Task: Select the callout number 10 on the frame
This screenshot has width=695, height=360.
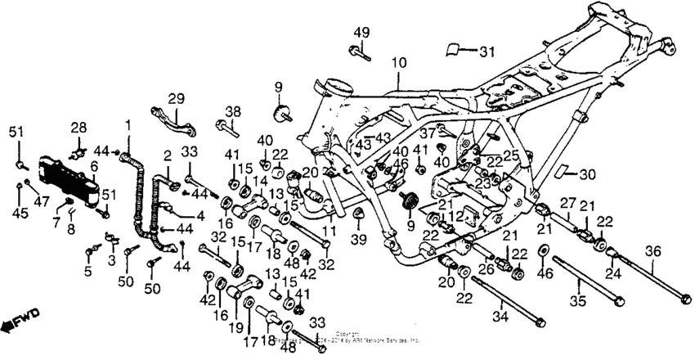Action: click(398, 63)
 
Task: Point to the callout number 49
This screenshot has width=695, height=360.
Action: click(362, 32)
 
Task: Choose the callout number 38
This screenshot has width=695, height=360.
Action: click(233, 111)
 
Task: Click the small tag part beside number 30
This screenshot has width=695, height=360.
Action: click(563, 173)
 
